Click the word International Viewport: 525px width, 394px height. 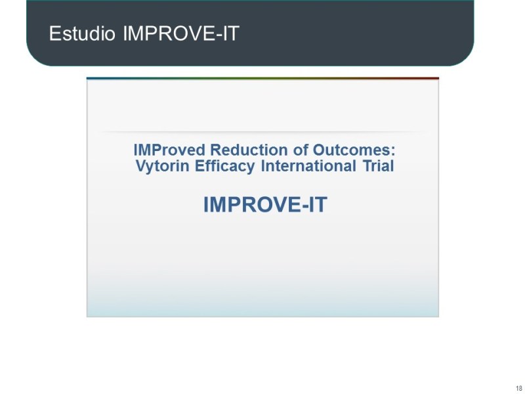308,166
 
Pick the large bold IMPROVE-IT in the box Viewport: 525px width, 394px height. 264,205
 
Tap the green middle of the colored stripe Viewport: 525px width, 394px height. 262,78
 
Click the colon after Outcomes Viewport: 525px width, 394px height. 393,151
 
